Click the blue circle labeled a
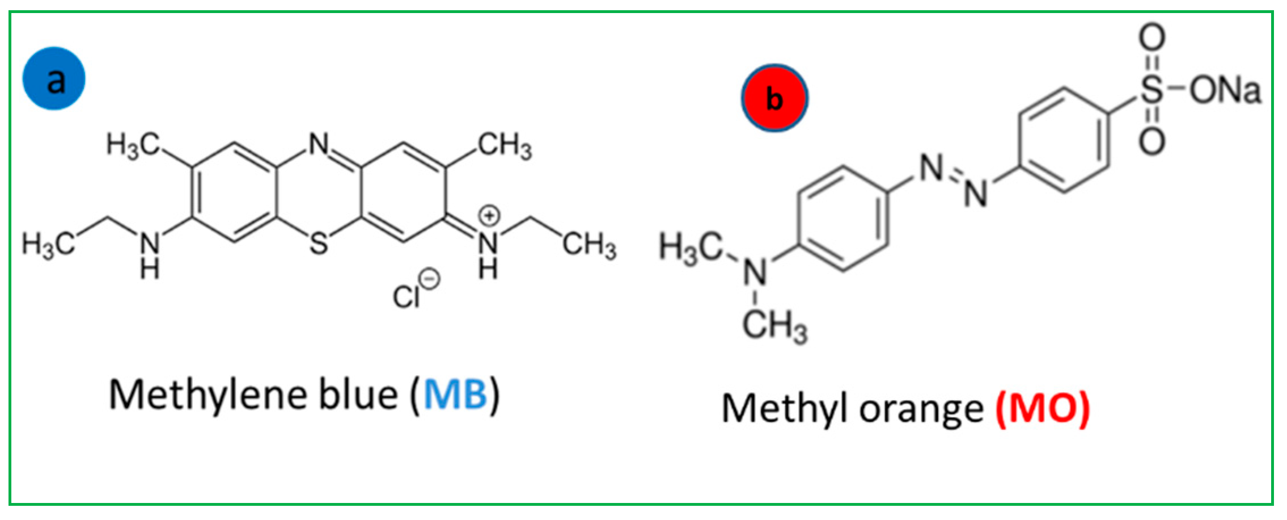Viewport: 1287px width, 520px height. coord(54,78)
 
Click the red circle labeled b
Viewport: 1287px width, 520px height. coord(774,98)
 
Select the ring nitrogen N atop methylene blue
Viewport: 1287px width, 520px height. coord(319,144)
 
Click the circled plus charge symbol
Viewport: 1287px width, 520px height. coord(489,216)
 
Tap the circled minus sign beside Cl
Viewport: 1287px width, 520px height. coord(430,279)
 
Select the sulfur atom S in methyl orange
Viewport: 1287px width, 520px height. coord(1151,90)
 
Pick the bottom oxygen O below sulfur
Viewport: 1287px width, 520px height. coord(1152,141)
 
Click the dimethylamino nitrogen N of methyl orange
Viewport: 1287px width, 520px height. coord(755,272)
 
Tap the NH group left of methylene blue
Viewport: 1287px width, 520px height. coord(150,255)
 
